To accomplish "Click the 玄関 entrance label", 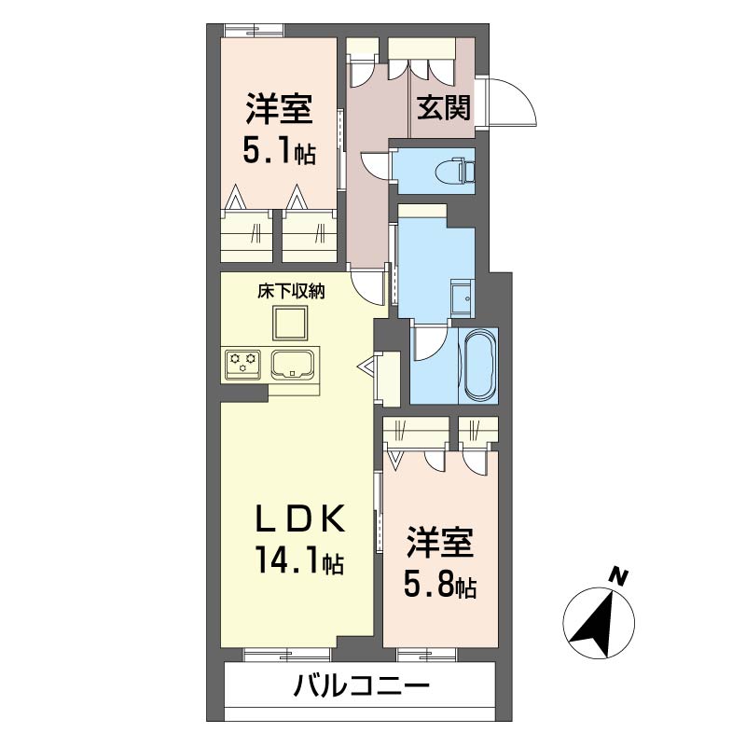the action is point(444,107).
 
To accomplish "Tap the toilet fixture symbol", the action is point(454,171).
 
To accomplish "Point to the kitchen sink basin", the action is point(293,365).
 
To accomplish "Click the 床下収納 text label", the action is point(291,291).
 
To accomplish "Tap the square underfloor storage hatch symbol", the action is point(290,322).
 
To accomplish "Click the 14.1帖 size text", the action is point(299,560).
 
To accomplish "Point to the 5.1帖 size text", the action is point(279,150).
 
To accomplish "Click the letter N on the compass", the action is point(618,576).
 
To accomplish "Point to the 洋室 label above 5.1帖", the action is point(279,108).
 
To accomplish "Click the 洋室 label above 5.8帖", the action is point(439,543).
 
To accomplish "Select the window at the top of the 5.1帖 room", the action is point(254,30).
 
